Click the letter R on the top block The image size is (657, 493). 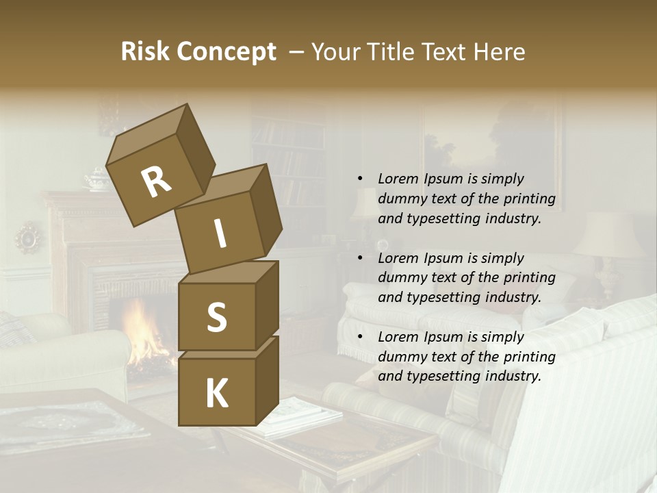point(156,181)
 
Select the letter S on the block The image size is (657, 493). point(216,317)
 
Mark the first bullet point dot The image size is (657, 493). point(360,179)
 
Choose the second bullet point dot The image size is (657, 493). point(360,259)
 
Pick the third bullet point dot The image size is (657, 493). point(360,338)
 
